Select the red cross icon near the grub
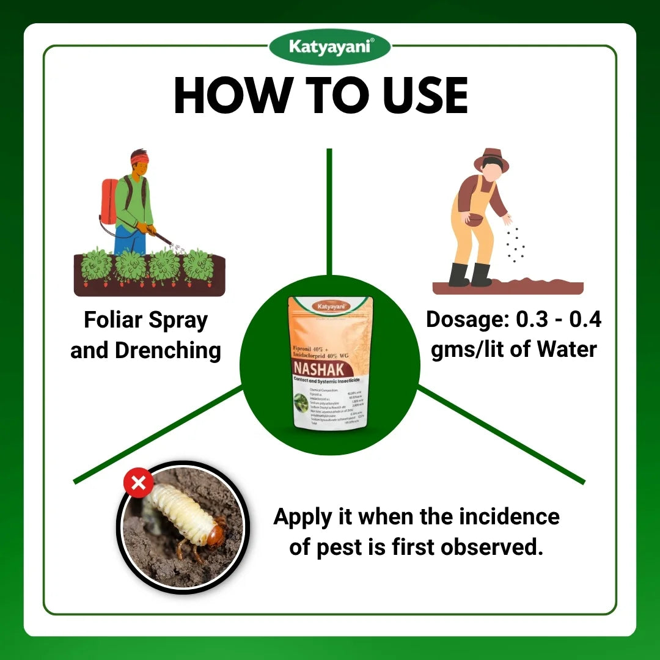point(138,484)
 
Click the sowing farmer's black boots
point(470,275)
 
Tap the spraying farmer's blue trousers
point(130,241)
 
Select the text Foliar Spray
point(145,320)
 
